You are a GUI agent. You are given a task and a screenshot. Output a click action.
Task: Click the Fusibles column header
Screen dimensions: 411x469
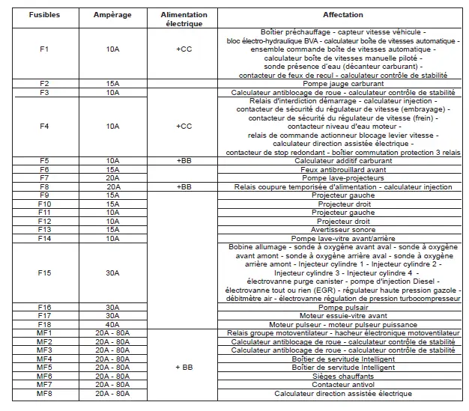click(x=43, y=15)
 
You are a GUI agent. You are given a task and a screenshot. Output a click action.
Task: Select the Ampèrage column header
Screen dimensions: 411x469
click(x=112, y=15)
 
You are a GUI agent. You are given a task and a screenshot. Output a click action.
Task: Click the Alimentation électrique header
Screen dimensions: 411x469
click(x=184, y=19)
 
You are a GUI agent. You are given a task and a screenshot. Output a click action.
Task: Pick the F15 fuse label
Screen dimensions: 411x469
click(x=43, y=273)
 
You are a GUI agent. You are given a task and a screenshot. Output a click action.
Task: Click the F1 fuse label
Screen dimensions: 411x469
click(x=43, y=49)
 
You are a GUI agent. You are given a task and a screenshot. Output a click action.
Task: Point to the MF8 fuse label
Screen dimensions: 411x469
click(x=43, y=393)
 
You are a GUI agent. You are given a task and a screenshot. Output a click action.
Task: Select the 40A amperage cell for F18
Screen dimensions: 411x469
click(x=112, y=324)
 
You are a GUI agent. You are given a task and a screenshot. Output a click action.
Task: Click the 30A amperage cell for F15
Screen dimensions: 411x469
click(x=112, y=273)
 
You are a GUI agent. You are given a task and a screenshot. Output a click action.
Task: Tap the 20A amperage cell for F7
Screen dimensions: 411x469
click(x=112, y=178)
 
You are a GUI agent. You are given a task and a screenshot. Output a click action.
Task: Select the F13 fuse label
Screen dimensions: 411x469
click(x=43, y=230)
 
